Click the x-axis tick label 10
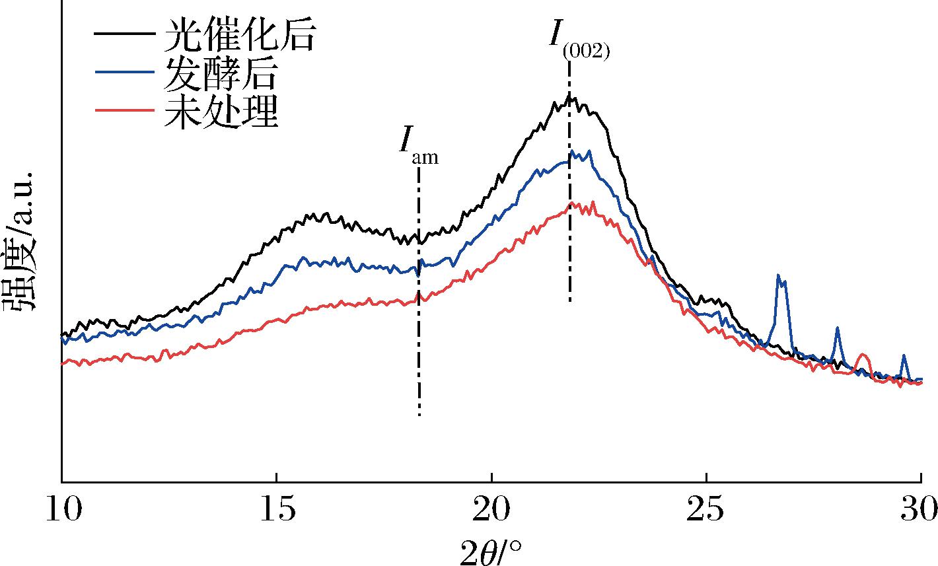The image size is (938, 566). click(x=64, y=509)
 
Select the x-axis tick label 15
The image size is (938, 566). click(x=277, y=509)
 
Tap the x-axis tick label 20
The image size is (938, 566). click(x=491, y=509)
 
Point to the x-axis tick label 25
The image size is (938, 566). click(x=705, y=509)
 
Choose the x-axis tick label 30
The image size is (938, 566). click(x=919, y=509)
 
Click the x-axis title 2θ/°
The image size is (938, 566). click(x=491, y=551)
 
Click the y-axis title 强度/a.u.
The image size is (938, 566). click(x=19, y=240)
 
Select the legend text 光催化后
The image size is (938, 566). click(x=240, y=34)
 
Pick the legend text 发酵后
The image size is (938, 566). click(x=220, y=73)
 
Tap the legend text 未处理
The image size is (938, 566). click(x=221, y=111)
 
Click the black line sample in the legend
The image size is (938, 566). click(x=125, y=34)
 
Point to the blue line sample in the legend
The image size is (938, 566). click(x=125, y=72)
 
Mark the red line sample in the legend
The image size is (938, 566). click(x=125, y=110)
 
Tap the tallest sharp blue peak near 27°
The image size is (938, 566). click(x=778, y=276)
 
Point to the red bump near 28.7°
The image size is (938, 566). click(x=863, y=355)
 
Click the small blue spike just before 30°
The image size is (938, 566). click(x=904, y=357)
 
